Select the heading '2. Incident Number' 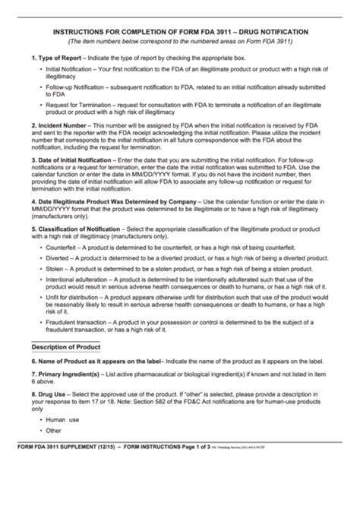pos(62,124)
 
